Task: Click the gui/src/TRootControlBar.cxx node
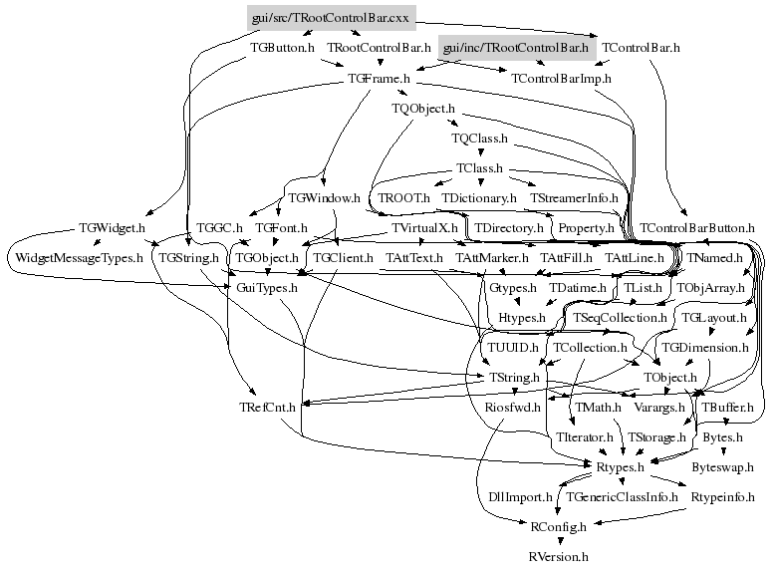pyautogui.click(x=331, y=17)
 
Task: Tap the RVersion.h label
pyautogui.click(x=559, y=556)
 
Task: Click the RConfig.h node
pyautogui.click(x=558, y=525)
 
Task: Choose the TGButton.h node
pyautogui.click(x=283, y=47)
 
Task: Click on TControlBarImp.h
pyautogui.click(x=562, y=77)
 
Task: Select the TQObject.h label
pyautogui.click(x=423, y=108)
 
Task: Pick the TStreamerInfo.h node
pyautogui.click(x=575, y=198)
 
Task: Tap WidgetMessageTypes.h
pyautogui.click(x=79, y=258)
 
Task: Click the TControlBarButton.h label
pyautogui.click(x=697, y=228)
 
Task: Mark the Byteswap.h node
pyautogui.click(x=724, y=465)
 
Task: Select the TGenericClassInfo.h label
pyautogui.click(x=616, y=495)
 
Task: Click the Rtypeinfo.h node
pyautogui.click(x=719, y=495)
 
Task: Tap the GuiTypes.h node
pyautogui.click(x=267, y=288)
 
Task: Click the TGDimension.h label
pyautogui.click(x=704, y=348)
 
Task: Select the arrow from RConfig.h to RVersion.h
pyautogui.click(x=559, y=540)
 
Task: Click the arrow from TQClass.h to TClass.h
pyautogui.click(x=480, y=152)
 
